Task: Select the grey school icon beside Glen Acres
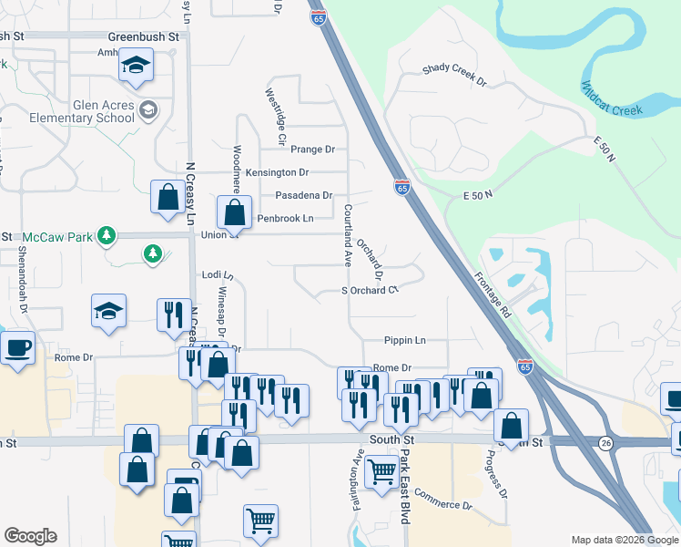147,111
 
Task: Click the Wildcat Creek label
612,99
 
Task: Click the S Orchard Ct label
371,290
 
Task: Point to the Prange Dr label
312,150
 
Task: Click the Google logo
30,536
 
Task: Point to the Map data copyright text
625,540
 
